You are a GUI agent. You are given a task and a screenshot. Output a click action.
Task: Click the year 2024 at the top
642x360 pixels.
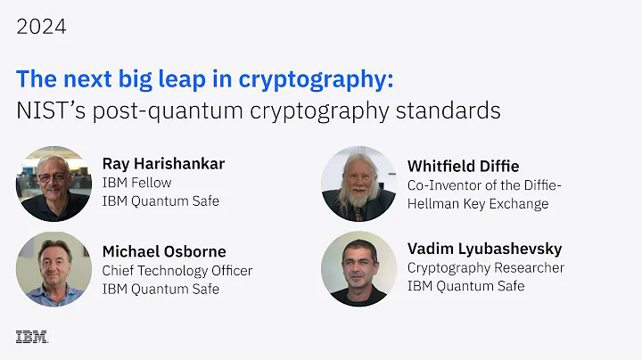pos(41,27)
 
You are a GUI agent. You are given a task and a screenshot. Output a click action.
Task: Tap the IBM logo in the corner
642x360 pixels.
pos(31,337)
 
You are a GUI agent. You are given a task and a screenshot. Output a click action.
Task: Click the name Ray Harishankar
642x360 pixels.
pos(163,163)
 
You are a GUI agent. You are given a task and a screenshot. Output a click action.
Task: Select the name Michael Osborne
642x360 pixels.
pos(164,251)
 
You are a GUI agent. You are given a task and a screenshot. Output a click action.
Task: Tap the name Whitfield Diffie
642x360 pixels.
pos(463,166)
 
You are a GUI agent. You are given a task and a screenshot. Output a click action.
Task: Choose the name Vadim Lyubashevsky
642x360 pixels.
pos(484,249)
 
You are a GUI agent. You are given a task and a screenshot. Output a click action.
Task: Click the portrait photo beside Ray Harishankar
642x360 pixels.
pos(53,183)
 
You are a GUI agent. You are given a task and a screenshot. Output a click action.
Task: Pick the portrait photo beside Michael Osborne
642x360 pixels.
pos(53,269)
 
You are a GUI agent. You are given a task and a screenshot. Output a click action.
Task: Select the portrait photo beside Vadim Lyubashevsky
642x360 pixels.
pos(358,268)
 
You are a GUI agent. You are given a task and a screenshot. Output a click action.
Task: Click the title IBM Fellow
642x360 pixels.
pos(136,183)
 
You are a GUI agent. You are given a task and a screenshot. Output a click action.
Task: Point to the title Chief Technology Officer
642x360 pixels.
pos(177,270)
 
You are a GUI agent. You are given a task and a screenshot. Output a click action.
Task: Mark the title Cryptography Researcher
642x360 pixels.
pos(486,267)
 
